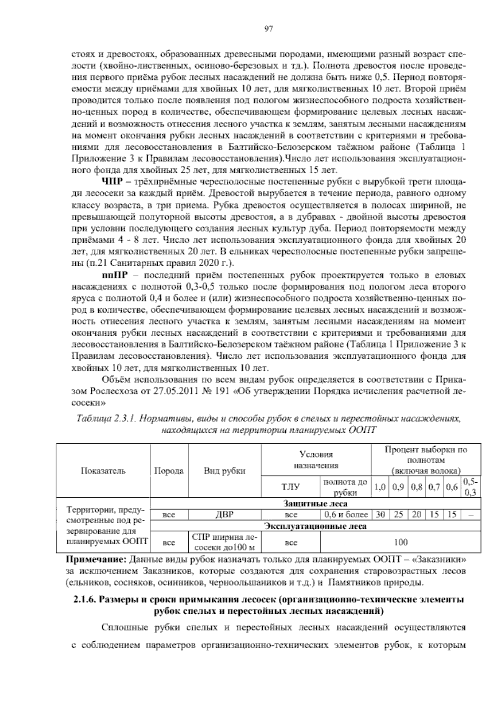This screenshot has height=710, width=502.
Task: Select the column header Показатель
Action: (x=103, y=471)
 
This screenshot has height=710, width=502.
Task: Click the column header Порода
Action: (x=169, y=471)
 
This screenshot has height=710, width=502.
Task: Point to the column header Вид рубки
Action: (x=224, y=471)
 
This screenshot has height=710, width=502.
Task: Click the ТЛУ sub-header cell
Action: (x=291, y=487)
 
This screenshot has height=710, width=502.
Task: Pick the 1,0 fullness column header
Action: (x=380, y=487)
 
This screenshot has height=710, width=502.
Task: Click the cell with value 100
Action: (x=401, y=542)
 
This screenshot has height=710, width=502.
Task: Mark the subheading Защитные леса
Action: (x=315, y=503)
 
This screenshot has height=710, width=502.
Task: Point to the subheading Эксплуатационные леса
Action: (x=315, y=526)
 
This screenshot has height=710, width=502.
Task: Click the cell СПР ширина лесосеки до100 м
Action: (x=224, y=542)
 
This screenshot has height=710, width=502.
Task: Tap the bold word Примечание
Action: (x=97, y=560)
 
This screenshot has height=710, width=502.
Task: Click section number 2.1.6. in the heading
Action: (x=85, y=600)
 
